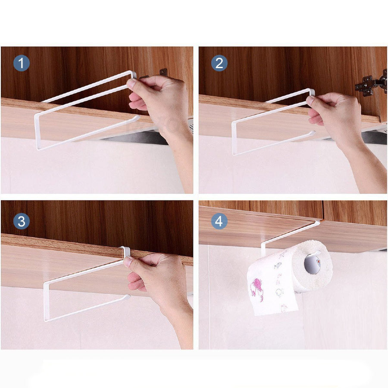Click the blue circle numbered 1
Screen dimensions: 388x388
tap(22, 63)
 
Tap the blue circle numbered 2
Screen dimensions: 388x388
tap(219, 63)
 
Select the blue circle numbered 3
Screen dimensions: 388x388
tap(22, 221)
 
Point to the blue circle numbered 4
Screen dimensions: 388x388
tap(219, 221)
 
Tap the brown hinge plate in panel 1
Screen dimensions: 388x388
tap(163, 72)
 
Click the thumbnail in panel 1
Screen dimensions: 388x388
tap(131, 83)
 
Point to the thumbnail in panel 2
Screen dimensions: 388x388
tap(310, 100)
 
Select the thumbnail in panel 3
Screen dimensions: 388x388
tap(128, 262)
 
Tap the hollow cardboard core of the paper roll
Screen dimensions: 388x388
tap(313, 264)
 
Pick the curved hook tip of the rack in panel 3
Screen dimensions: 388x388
tap(128, 296)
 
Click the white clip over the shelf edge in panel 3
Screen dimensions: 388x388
tap(126, 252)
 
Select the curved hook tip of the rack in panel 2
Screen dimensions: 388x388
tap(313, 133)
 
